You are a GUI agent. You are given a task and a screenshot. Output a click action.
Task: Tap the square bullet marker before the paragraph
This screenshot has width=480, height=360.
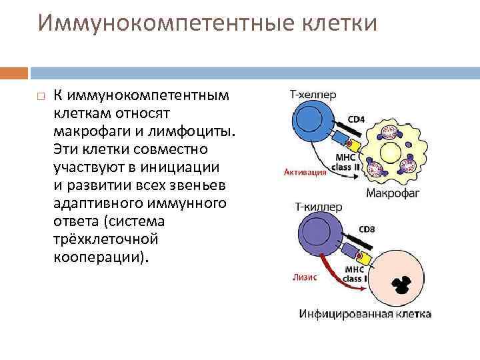coord(40,97)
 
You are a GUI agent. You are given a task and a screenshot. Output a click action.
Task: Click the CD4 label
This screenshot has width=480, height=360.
coord(357,120)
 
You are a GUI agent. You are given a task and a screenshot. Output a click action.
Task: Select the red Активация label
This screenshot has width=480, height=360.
coord(305,171)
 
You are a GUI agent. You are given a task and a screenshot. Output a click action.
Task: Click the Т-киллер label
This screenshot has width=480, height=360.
coord(316,207)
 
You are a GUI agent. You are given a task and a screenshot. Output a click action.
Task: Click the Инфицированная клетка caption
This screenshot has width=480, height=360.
coord(366,313)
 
